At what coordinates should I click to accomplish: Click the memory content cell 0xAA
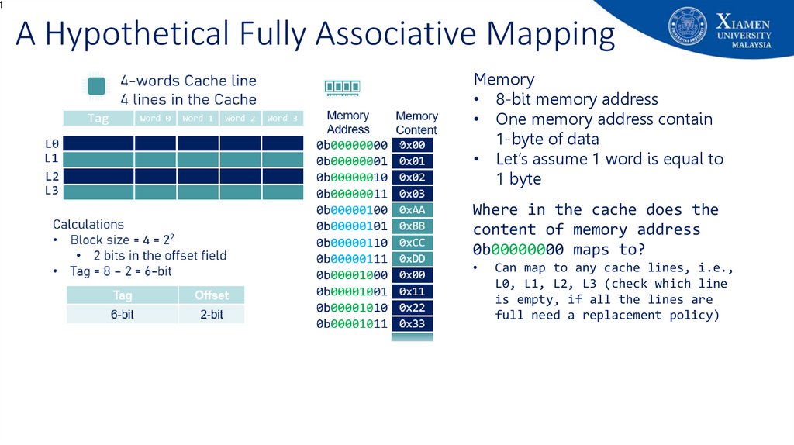click(x=413, y=210)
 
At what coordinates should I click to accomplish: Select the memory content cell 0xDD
click(x=413, y=259)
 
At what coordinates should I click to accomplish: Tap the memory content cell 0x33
click(x=413, y=324)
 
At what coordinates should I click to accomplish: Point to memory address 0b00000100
click(x=352, y=210)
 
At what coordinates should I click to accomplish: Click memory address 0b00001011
click(x=352, y=324)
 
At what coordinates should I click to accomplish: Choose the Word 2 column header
click(x=240, y=119)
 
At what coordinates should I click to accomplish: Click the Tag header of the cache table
click(x=98, y=119)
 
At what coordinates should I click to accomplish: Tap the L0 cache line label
click(x=52, y=143)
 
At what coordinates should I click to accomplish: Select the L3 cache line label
click(x=52, y=191)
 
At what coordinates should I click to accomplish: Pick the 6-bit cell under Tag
click(x=123, y=314)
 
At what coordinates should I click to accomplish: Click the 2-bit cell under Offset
click(x=211, y=314)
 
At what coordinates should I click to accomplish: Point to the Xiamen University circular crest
click(x=687, y=28)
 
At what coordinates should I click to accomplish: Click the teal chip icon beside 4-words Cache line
click(x=97, y=87)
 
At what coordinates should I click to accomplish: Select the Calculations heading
click(x=88, y=225)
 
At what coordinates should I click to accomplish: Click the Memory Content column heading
click(x=416, y=122)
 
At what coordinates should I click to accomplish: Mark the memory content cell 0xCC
click(x=413, y=243)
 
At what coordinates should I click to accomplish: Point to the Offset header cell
click(x=211, y=295)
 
